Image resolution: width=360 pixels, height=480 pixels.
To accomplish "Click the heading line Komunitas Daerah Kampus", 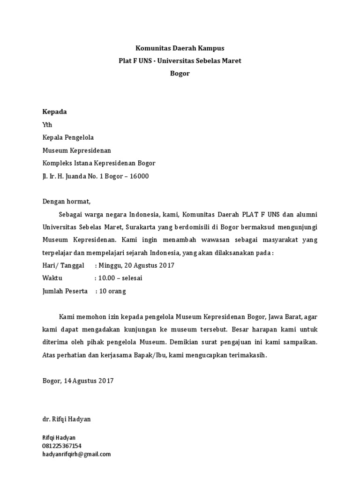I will click(180, 48).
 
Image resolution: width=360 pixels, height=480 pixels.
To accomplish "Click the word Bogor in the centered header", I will click(180, 74).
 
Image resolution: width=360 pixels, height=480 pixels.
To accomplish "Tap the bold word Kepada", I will click(55, 112).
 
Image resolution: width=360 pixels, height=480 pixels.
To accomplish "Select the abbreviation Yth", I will click(47, 125).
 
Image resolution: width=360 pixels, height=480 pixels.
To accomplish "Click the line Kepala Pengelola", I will click(68, 137).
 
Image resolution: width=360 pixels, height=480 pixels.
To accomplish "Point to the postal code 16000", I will click(138, 176).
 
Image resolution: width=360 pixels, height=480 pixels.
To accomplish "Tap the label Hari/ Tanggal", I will click(63, 265).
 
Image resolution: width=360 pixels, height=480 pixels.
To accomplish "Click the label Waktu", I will click(52, 278).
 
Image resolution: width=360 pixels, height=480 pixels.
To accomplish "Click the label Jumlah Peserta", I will click(65, 291).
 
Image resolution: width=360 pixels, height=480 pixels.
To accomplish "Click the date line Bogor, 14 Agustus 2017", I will click(78, 381).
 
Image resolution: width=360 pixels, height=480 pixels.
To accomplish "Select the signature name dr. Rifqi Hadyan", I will click(67, 419).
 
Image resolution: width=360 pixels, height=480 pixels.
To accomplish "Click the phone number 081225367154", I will click(62, 446).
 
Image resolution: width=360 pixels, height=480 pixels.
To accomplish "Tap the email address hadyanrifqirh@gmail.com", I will click(77, 454).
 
